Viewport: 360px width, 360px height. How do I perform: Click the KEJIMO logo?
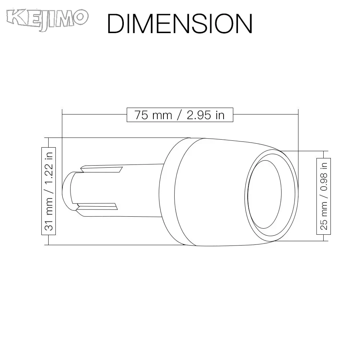(x=47, y=19)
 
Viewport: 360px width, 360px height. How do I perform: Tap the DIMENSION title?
(x=180, y=24)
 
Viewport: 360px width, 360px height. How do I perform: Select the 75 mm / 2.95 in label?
(x=180, y=115)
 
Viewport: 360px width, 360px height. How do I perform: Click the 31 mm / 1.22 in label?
(x=49, y=191)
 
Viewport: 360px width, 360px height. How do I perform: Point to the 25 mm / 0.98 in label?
(x=324, y=196)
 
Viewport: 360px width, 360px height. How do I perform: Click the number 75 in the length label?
(x=141, y=115)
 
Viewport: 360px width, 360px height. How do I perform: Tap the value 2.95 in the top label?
(x=199, y=115)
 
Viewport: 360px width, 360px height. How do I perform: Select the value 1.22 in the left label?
(x=49, y=174)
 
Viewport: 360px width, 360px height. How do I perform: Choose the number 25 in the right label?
(x=324, y=225)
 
